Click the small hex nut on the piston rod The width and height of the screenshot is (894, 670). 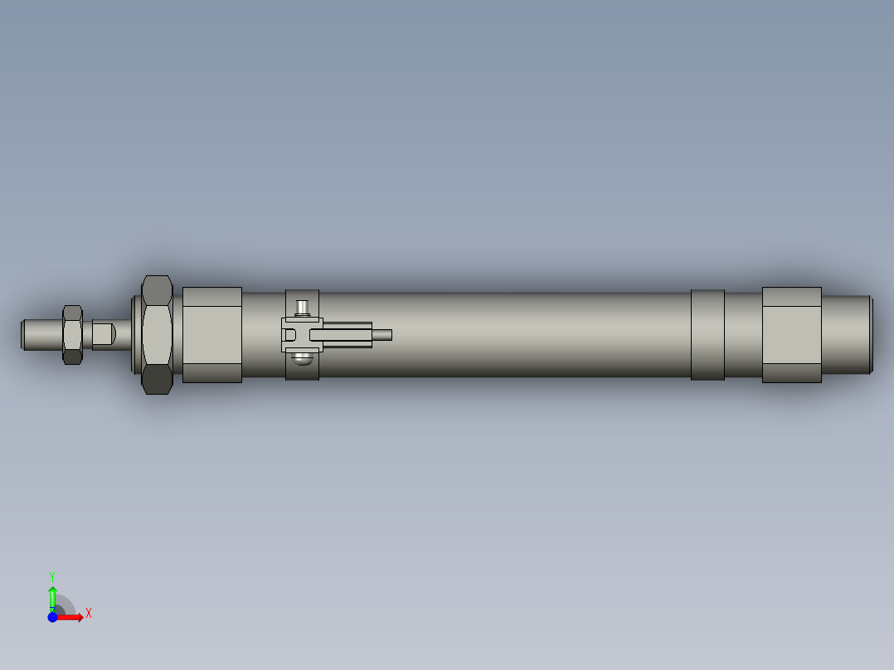click(72, 334)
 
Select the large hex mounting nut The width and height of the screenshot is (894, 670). click(157, 334)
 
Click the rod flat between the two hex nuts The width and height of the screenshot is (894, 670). click(103, 335)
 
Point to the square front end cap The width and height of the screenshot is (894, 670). click(211, 334)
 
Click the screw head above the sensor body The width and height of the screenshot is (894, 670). click(303, 308)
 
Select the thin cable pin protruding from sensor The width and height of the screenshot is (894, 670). click(381, 335)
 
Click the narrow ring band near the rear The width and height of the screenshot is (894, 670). click(707, 334)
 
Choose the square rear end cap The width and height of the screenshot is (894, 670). click(791, 334)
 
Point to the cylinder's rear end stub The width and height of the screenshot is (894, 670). click(847, 334)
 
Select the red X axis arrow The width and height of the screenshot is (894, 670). click(71, 617)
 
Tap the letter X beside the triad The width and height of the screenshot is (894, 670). click(89, 614)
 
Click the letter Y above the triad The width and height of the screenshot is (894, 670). click(52, 575)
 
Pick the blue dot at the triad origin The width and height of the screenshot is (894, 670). click(53, 617)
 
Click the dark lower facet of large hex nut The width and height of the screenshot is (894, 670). click(157, 380)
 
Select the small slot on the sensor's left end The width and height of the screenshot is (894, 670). click(289, 335)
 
